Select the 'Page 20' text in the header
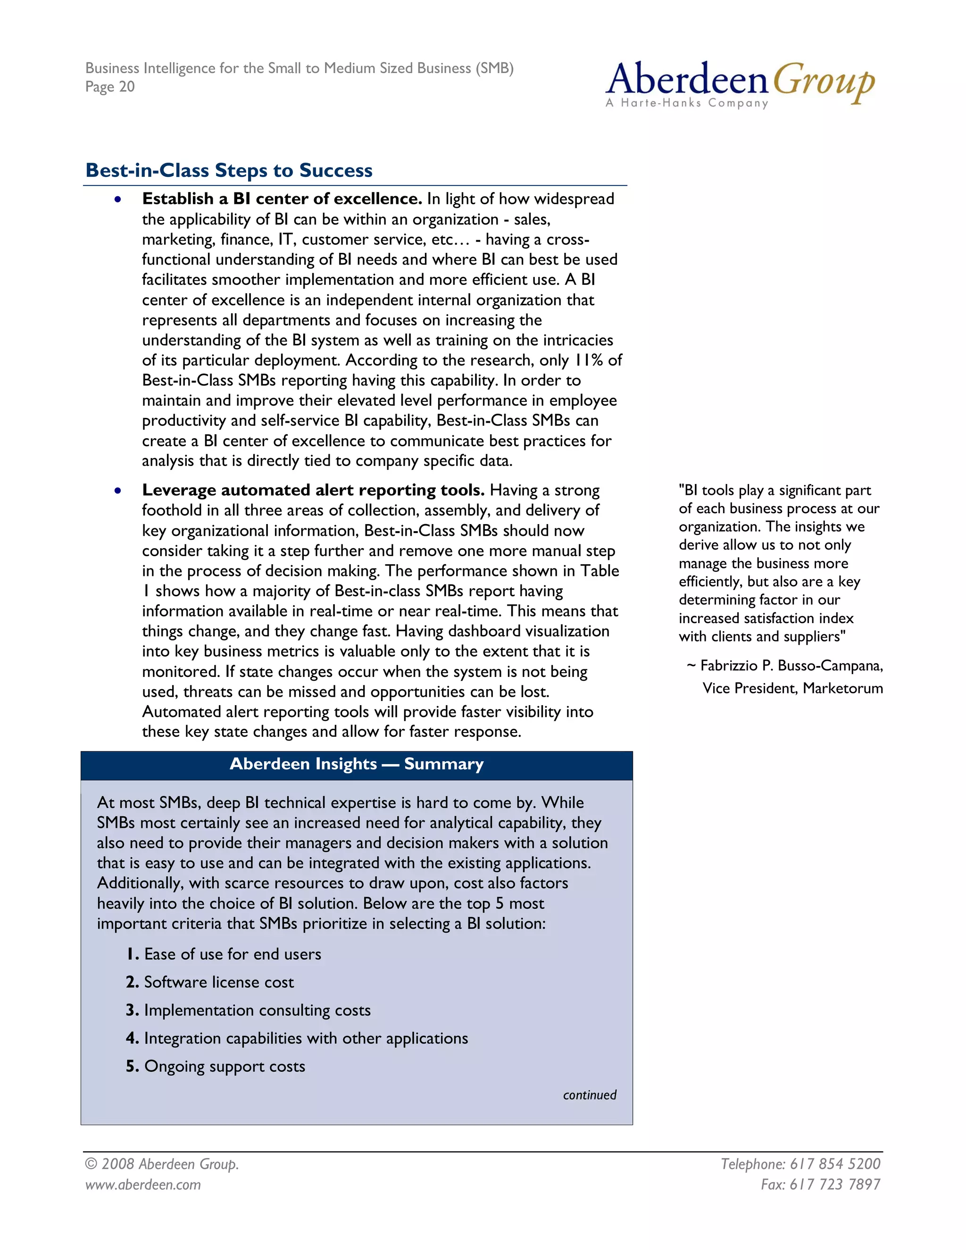coord(110,87)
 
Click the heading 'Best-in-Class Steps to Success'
coord(229,171)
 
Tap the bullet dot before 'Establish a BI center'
coord(117,199)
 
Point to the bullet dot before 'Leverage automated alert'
coord(117,491)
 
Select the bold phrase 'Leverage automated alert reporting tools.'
coord(313,491)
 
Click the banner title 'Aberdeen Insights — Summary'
coord(357,764)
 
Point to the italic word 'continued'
coord(590,1095)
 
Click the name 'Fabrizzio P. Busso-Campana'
coord(791,666)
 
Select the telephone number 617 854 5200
coord(835,1164)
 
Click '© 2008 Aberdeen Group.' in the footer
coord(162,1164)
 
